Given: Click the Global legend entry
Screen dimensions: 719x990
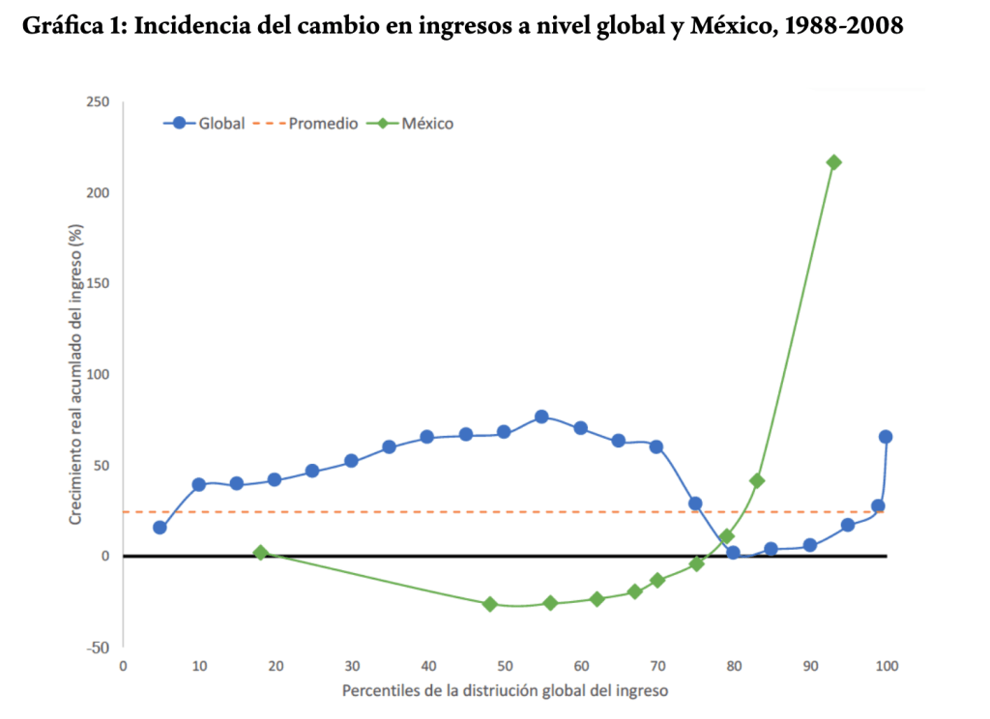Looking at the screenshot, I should pos(204,124).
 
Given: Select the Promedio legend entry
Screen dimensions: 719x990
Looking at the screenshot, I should pos(309,124).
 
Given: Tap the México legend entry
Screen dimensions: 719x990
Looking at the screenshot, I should pos(415,124).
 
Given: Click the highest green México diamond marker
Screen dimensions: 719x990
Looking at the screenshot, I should pos(833,162).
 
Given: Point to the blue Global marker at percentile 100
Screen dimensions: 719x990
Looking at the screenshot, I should pos(886,437).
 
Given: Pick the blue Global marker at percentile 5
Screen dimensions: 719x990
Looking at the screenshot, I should pos(160,528).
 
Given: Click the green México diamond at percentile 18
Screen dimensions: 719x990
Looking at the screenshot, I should pos(260,553).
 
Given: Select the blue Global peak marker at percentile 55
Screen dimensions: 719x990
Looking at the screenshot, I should pos(541,417).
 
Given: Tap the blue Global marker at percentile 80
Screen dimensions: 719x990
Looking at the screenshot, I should pos(733,553).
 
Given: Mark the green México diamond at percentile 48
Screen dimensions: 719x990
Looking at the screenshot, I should pos(489,604).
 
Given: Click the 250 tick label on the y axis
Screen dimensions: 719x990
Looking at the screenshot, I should pos(98,102).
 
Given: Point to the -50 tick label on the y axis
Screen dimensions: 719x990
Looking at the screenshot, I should pos(99,647).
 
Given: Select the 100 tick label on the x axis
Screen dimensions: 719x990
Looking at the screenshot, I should pos(886,667).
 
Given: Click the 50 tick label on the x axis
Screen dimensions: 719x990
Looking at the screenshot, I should pos(504,667).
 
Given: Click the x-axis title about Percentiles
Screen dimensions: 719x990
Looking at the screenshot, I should pos(504,692).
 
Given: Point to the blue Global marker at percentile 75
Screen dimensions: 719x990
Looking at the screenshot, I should pos(695,503).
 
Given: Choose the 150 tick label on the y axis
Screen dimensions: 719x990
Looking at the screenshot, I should pos(98,284).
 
